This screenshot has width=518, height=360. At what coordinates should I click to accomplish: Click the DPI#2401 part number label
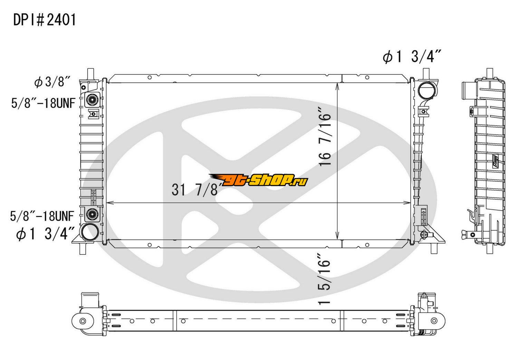coord(45,20)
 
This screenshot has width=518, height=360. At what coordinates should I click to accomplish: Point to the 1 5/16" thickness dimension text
coord(325,280)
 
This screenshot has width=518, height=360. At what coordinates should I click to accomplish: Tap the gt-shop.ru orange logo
coord(259,180)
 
